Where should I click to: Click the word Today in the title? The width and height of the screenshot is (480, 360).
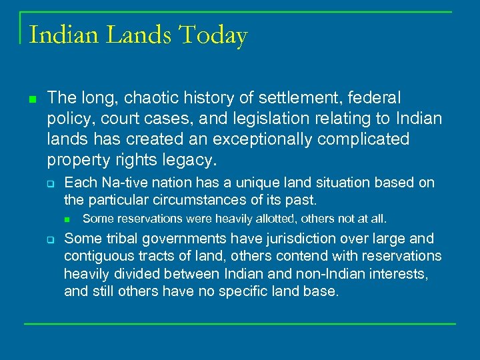213,35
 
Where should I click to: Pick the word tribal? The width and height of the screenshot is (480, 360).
116,239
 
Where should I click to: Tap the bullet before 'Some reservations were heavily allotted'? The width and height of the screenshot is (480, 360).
68,219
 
